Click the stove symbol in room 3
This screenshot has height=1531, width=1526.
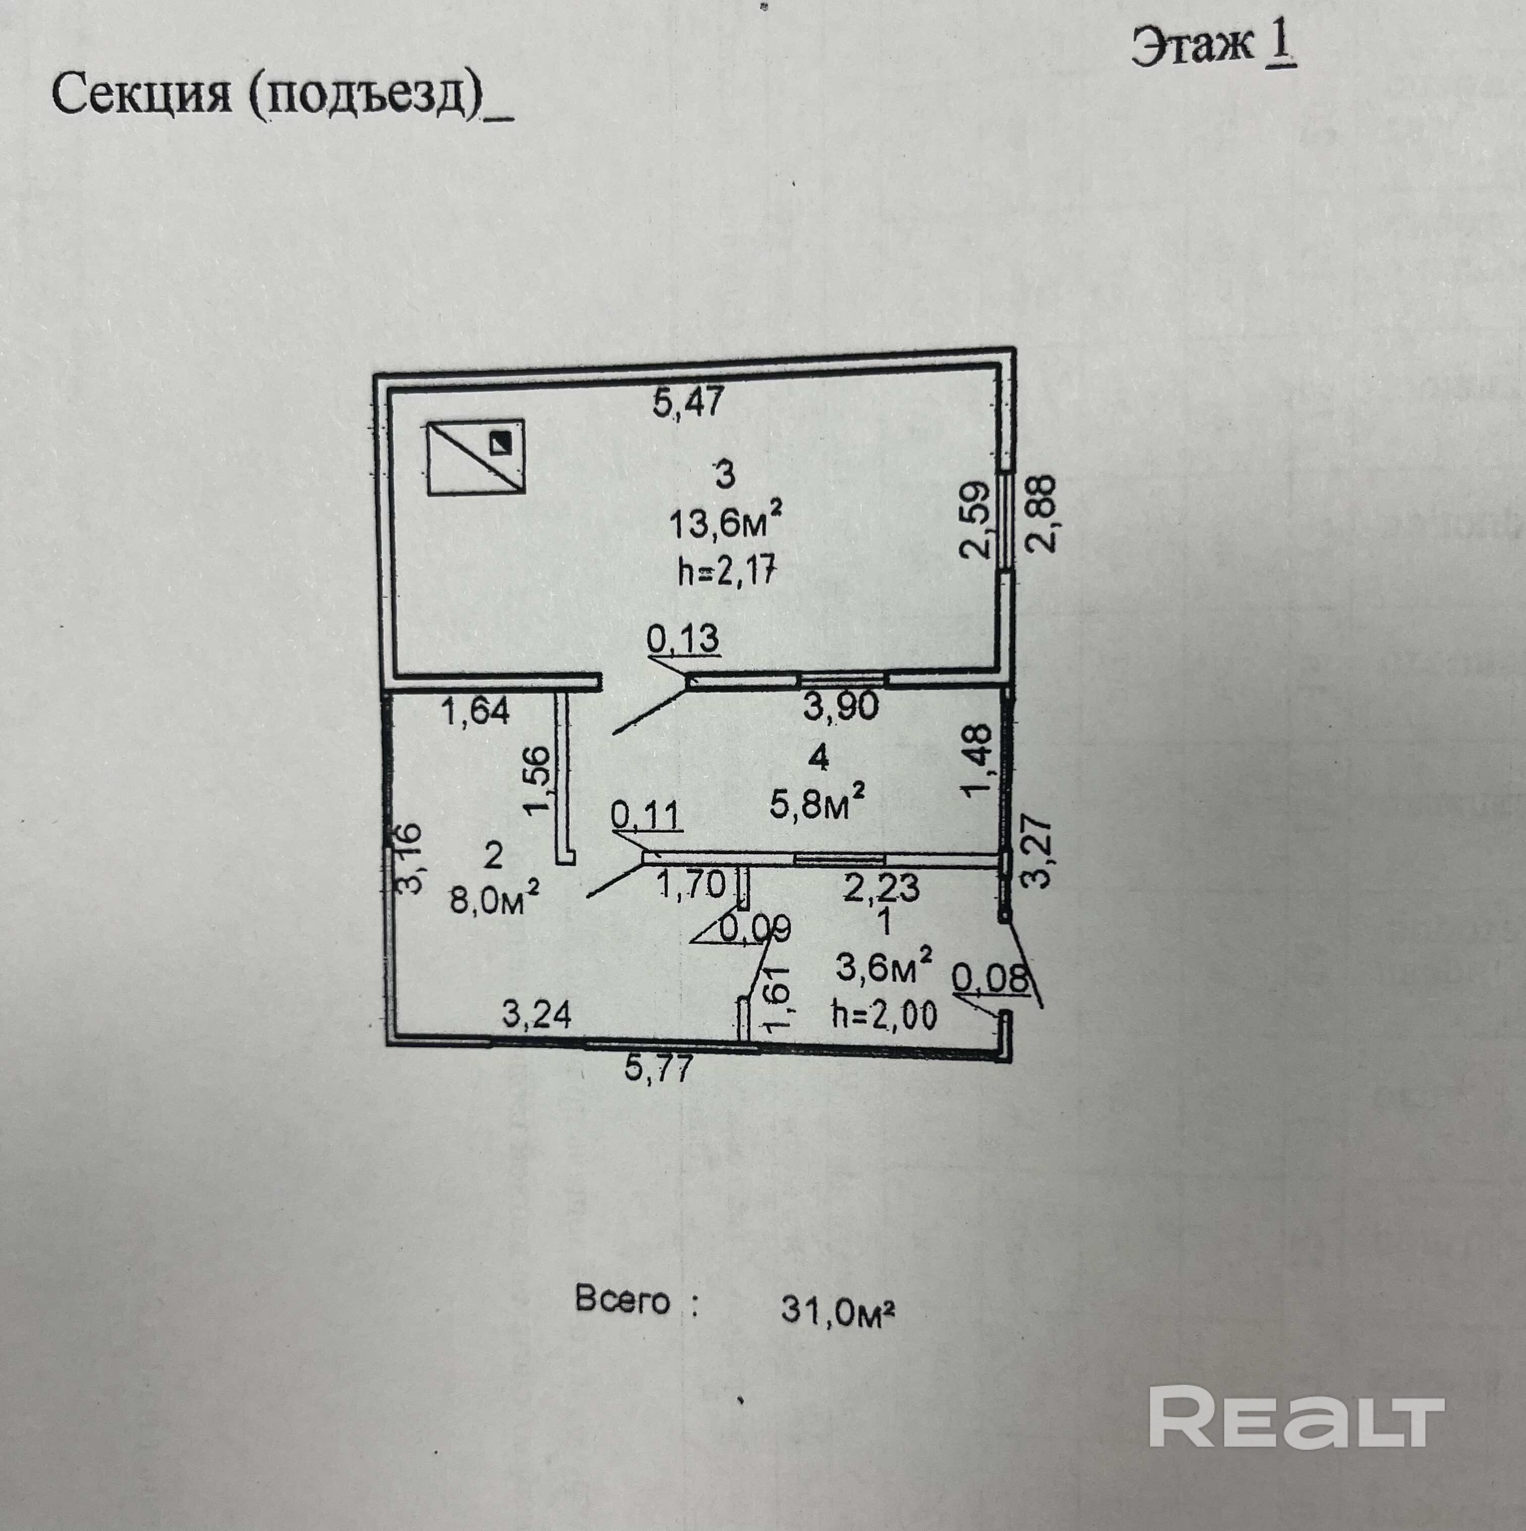pyautogui.click(x=476, y=457)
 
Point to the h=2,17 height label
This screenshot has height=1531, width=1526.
pyautogui.click(x=726, y=570)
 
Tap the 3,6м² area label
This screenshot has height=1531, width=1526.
pyautogui.click(x=884, y=967)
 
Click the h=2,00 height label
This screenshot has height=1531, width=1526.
pyautogui.click(x=884, y=1013)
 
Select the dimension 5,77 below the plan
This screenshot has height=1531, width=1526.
pyautogui.click(x=659, y=1069)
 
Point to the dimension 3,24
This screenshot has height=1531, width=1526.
pyautogui.click(x=537, y=1015)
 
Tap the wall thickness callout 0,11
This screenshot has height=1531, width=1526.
pyautogui.click(x=646, y=815)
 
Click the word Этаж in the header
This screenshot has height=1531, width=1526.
pyautogui.click(x=1192, y=47)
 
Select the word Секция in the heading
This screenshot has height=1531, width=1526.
pyautogui.click(x=142, y=96)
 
